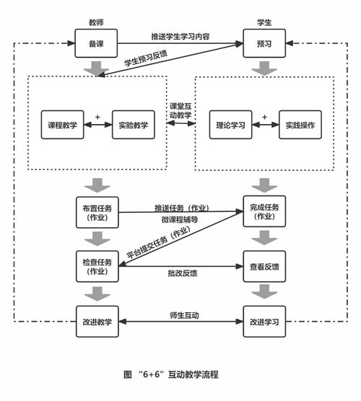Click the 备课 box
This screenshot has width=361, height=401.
(x=97, y=44)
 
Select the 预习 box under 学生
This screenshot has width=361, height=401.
(x=264, y=44)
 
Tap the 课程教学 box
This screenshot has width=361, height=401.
(x=63, y=125)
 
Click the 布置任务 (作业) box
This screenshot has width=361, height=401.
(x=97, y=212)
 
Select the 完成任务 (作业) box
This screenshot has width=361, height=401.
(x=264, y=212)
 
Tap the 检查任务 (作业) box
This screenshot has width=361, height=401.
(x=97, y=266)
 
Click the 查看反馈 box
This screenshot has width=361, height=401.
(x=264, y=266)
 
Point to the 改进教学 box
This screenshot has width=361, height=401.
(x=97, y=321)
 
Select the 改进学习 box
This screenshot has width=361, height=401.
(x=264, y=321)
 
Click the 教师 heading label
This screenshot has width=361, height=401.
(x=97, y=22)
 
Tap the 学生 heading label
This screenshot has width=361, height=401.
(x=264, y=22)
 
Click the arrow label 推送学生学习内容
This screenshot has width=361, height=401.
(x=180, y=37)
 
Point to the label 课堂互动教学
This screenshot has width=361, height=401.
(x=180, y=110)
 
